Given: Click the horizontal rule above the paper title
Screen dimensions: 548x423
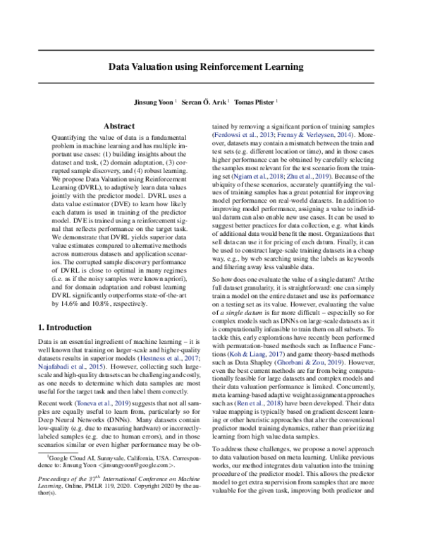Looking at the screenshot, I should point(211,51).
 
